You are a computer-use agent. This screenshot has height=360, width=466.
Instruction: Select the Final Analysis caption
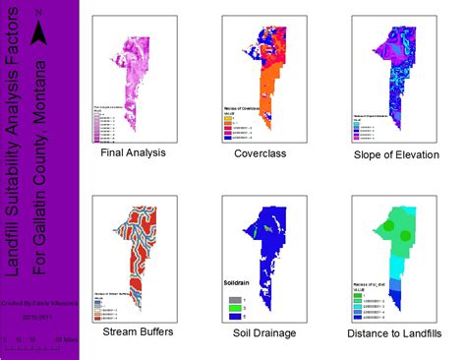[x=133, y=154]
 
